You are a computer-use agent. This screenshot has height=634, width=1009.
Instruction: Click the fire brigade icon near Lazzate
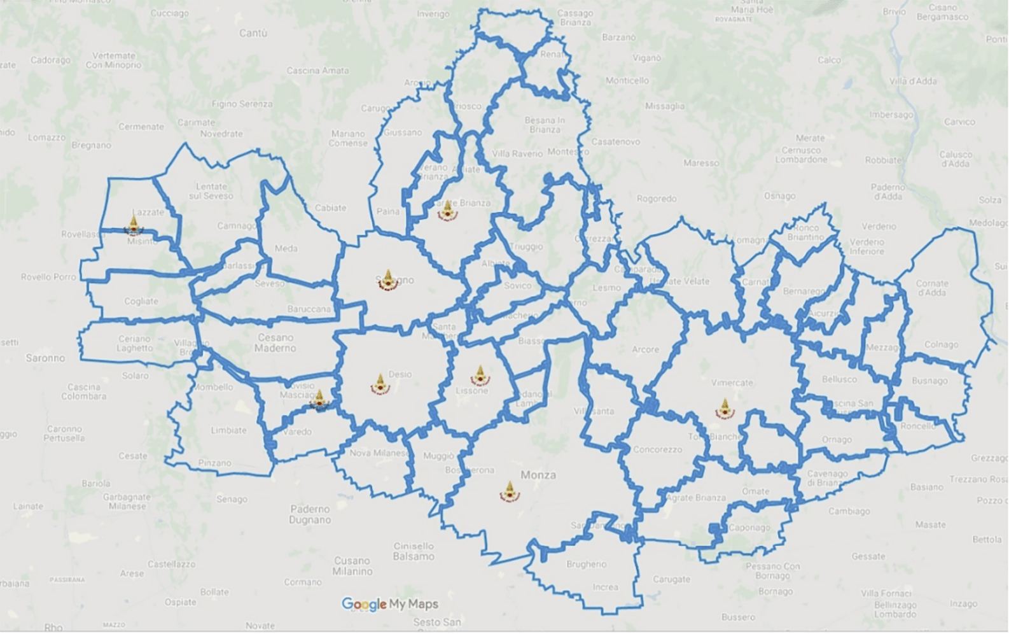[x=134, y=225]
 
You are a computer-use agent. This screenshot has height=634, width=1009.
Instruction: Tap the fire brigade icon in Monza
[x=509, y=491]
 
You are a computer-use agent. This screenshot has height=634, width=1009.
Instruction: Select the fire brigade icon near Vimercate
[x=724, y=408]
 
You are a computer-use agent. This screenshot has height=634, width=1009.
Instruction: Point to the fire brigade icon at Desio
[x=380, y=384]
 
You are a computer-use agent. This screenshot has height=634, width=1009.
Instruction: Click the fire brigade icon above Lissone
[x=480, y=375]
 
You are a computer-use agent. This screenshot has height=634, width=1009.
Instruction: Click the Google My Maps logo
[x=389, y=603]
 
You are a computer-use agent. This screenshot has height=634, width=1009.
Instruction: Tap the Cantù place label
[x=253, y=32]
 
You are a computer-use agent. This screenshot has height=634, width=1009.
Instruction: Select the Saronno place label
[x=45, y=358]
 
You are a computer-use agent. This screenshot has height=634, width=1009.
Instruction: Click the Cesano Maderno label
[x=275, y=342]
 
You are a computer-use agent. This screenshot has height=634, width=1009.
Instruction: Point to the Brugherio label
[x=586, y=564]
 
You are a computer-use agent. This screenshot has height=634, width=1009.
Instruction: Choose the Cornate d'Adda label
[x=932, y=288]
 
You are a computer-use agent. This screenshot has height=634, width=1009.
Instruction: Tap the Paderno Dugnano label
[x=310, y=514]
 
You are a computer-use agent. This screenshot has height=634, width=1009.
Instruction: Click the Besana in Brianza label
[x=545, y=124]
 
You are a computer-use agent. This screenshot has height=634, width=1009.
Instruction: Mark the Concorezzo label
[x=657, y=449]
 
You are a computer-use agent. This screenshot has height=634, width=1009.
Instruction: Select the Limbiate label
[x=228, y=430]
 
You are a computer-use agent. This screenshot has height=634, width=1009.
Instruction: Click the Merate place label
[x=810, y=137]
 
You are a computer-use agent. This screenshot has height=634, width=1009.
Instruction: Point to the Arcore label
[x=645, y=349]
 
